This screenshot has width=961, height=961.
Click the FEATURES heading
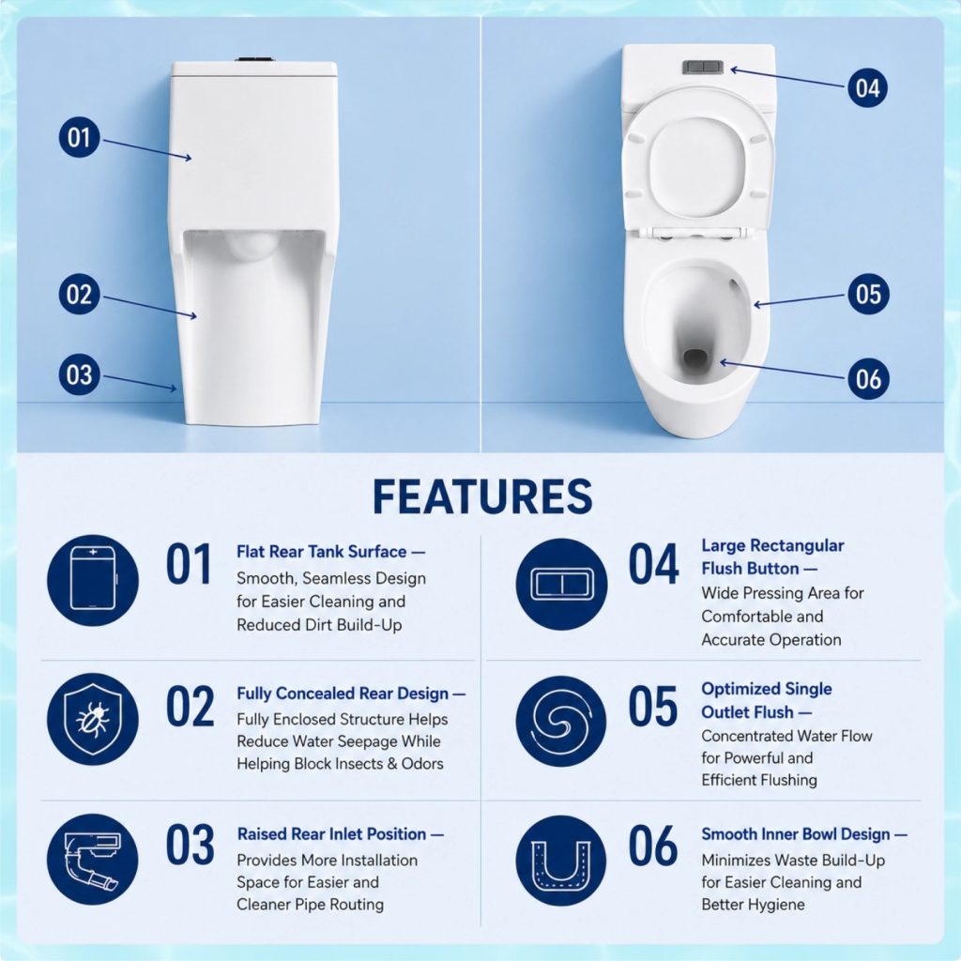click(482, 496)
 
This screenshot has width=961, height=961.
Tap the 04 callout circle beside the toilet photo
click(868, 87)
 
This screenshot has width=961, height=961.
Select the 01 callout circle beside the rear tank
click(79, 137)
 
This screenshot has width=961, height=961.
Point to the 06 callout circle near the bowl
click(868, 379)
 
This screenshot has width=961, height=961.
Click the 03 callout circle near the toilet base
click(79, 374)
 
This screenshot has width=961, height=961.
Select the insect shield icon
click(93, 719)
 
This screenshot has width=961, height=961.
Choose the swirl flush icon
click(561, 721)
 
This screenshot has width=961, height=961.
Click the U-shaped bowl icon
click(561, 860)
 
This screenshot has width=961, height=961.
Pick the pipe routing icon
click(93, 859)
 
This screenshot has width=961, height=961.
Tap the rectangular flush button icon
click(561, 584)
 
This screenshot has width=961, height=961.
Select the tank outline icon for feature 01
click(93, 580)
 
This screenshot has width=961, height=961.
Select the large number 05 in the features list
click(653, 706)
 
